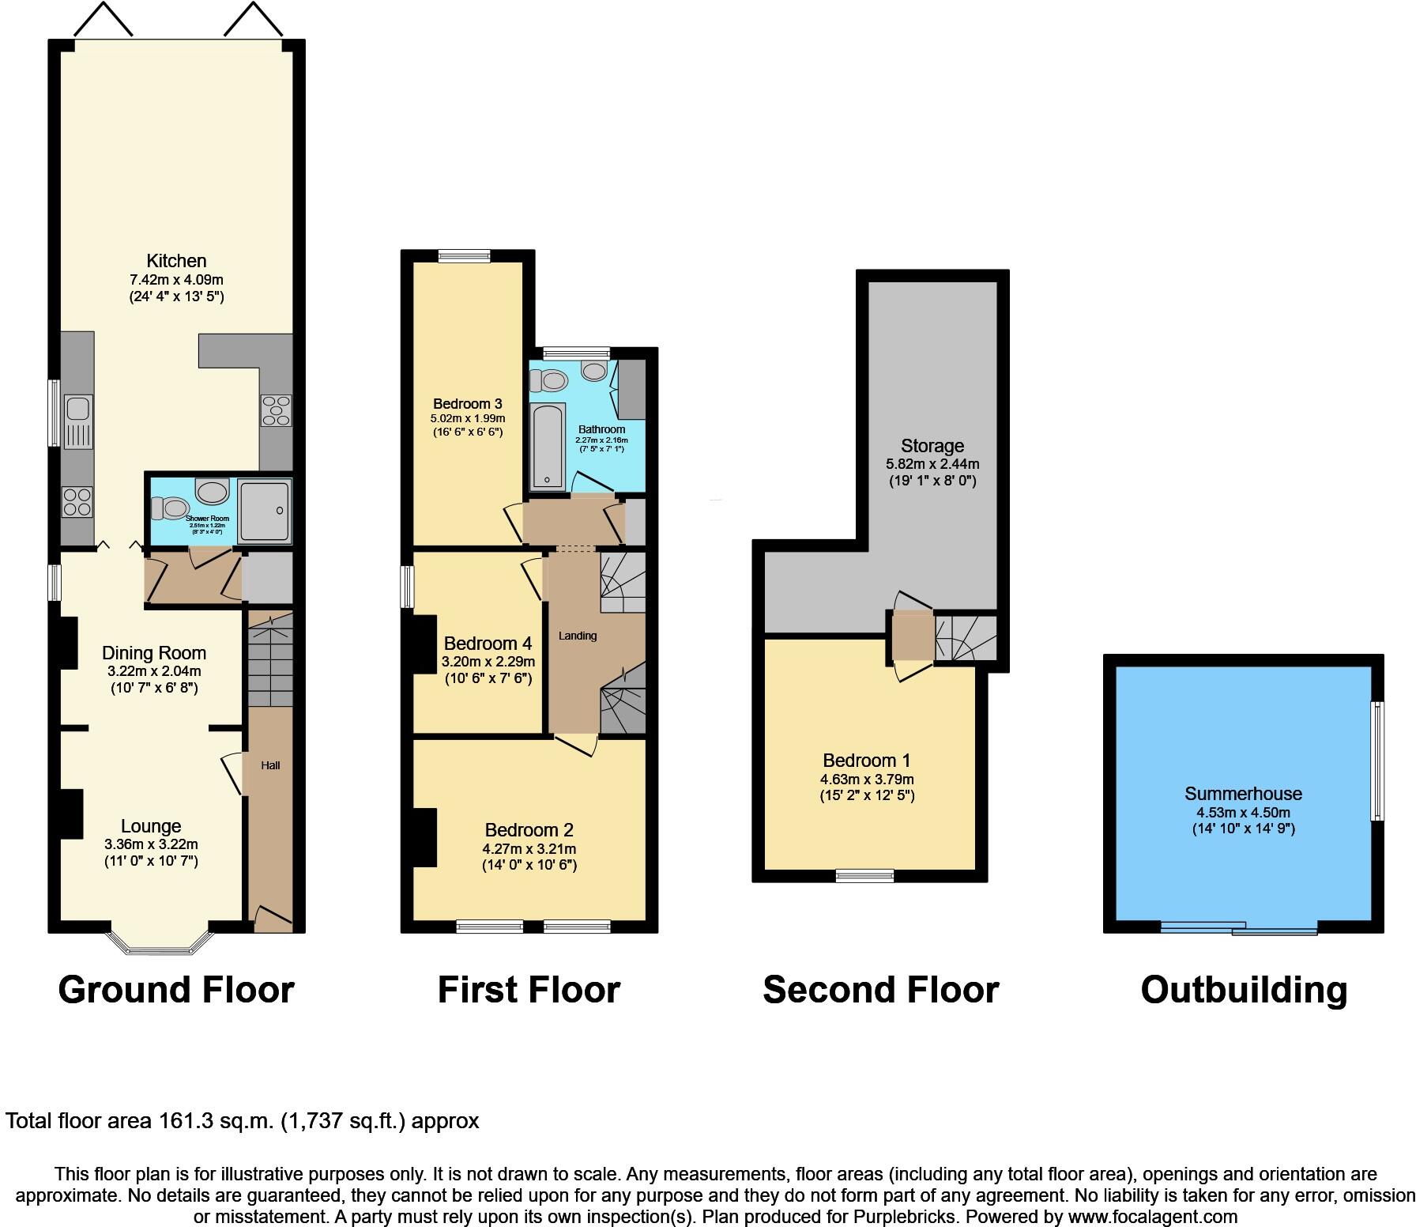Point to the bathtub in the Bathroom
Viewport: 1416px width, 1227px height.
point(548,445)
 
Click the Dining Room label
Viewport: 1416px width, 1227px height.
point(154,653)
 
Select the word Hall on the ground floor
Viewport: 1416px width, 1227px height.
point(270,765)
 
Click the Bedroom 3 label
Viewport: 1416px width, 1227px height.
point(467,404)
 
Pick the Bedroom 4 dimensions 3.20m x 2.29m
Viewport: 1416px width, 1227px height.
point(488,662)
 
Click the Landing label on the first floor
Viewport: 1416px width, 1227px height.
point(578,636)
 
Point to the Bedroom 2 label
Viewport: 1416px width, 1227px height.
point(529,830)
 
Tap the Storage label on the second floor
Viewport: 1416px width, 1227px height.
point(932,446)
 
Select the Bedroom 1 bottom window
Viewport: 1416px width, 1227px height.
point(865,875)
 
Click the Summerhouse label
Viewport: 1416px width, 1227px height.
point(1243,794)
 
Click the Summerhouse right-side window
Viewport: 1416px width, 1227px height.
point(1377,761)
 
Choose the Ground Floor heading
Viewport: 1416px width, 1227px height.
point(176,990)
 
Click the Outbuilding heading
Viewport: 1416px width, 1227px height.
point(1243,990)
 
